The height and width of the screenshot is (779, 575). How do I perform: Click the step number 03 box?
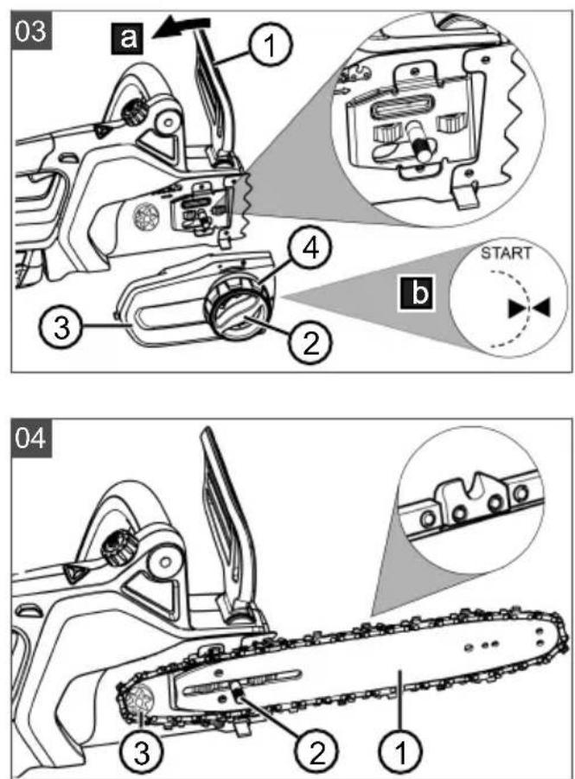coord(31,31)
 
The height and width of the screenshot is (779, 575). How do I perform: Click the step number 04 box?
coord(31,438)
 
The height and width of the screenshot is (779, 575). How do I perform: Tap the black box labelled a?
coord(127,38)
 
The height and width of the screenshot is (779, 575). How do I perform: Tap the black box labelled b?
coord(418,293)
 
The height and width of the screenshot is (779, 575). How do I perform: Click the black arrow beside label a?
coord(182,28)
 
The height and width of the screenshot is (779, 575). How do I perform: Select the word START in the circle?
coord(506,253)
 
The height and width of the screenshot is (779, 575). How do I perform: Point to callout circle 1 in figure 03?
coord(270,47)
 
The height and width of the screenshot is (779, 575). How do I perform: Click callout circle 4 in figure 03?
coord(310,249)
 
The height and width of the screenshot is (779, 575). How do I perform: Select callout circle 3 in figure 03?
coord(61,329)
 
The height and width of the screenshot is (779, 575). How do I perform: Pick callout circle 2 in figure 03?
coord(310,342)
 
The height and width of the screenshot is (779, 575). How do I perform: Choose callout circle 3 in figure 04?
coord(142,751)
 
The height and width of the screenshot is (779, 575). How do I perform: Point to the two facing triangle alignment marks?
coord(529,308)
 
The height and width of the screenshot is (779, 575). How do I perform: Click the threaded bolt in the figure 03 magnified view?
coord(418,142)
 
